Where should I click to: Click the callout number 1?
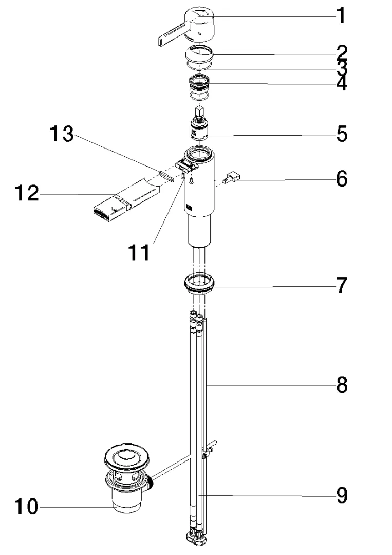tap(340, 15)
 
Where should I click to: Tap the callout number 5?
tap(342, 134)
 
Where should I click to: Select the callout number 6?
tap(342, 179)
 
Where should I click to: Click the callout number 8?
tap(342, 384)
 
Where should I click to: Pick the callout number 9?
tap(342, 495)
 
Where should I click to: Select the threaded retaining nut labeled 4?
tap(199, 83)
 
